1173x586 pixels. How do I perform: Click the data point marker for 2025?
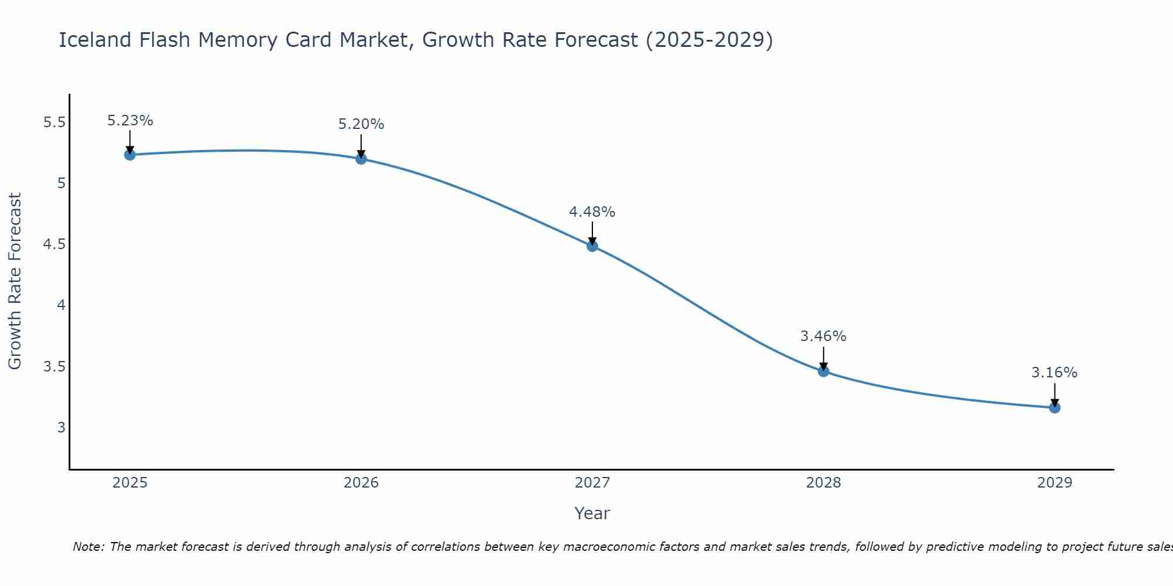coord(130,155)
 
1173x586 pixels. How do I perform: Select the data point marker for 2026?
coord(361,159)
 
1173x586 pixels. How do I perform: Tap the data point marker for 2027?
coord(592,246)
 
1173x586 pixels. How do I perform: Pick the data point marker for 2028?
coord(823,371)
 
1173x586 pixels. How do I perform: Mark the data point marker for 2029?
coord(1055,407)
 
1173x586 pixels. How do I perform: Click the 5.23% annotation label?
coord(130,121)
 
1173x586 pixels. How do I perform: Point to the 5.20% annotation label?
coord(361,124)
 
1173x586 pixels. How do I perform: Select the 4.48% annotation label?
coord(592,212)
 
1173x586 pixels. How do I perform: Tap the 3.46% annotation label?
coord(823,336)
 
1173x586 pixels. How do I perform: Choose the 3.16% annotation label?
coord(1055,373)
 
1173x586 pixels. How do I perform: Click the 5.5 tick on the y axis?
coord(54,122)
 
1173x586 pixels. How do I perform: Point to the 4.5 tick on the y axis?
coord(54,244)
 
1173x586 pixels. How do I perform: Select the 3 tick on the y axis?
coord(61,427)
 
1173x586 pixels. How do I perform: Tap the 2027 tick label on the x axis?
coord(592,483)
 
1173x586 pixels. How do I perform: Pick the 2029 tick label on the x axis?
coord(1055,483)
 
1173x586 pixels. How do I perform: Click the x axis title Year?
coord(592,513)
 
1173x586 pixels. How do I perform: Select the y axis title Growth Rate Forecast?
coord(15,281)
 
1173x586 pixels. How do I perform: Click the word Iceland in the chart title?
coord(95,40)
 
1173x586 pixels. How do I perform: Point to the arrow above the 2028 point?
coord(823,358)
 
